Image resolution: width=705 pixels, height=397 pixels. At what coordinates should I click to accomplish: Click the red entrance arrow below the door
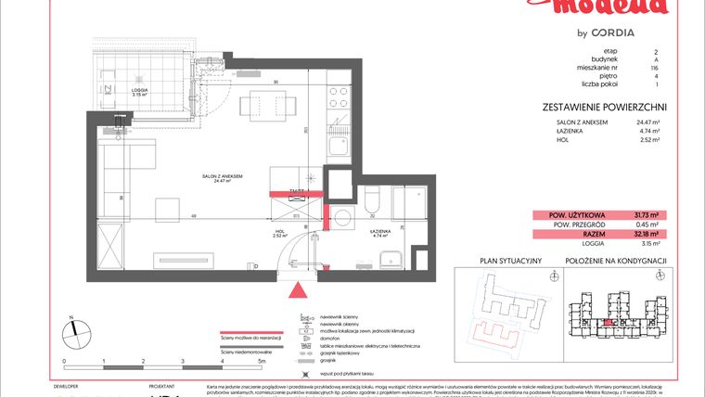(298, 291)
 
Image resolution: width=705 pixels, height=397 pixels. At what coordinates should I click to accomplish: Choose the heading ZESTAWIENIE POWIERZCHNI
(604, 107)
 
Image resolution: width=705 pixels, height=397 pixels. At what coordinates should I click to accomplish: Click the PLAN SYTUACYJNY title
(509, 262)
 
